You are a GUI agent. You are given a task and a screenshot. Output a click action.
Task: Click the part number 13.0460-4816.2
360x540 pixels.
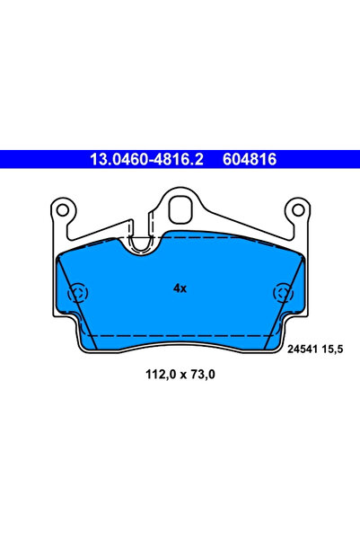[146, 160]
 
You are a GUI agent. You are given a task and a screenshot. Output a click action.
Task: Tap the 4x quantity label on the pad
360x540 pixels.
[180, 288]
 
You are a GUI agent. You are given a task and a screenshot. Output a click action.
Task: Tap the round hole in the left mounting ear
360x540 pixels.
[61, 212]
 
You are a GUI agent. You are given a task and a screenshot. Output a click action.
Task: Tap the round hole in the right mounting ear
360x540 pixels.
[298, 212]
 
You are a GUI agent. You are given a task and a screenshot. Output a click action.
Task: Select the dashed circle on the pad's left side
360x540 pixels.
[78, 293]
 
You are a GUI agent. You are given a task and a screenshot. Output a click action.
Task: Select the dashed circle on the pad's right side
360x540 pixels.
[282, 293]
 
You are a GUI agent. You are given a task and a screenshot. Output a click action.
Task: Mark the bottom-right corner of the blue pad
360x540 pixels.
[273, 346]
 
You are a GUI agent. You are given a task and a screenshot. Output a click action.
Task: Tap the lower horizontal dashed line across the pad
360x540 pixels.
[180, 334]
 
